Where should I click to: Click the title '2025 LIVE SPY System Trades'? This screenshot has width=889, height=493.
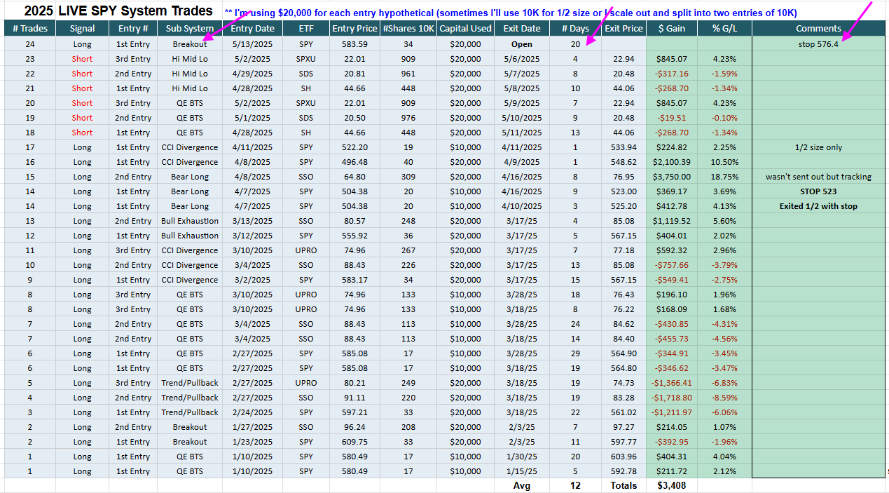point(118,11)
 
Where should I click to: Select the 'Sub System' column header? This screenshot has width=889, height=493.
point(190,29)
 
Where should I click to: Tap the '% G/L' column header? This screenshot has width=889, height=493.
point(724,29)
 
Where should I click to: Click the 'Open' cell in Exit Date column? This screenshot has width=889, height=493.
point(521,44)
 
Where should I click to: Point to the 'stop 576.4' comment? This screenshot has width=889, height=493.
point(818,44)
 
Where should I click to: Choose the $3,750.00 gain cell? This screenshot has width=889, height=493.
point(672,177)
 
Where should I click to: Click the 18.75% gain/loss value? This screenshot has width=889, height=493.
point(724,177)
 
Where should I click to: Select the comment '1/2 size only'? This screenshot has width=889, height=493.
point(818,147)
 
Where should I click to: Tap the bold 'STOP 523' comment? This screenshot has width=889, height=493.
point(818,191)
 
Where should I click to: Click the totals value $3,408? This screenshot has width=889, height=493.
point(672,485)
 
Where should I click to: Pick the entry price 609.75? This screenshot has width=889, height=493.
point(354,442)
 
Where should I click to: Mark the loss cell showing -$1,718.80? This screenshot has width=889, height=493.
point(672,398)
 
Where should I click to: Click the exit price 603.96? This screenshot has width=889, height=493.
point(623,457)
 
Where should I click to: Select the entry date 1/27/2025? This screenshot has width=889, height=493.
point(252,427)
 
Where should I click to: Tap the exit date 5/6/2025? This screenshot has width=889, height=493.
point(521,59)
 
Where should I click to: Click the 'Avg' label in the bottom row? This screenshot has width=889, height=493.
point(521,485)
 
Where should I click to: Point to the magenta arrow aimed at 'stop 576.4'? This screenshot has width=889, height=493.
point(857,21)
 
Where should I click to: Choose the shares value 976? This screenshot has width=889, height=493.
point(408,118)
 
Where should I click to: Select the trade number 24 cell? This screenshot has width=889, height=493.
point(29,44)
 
